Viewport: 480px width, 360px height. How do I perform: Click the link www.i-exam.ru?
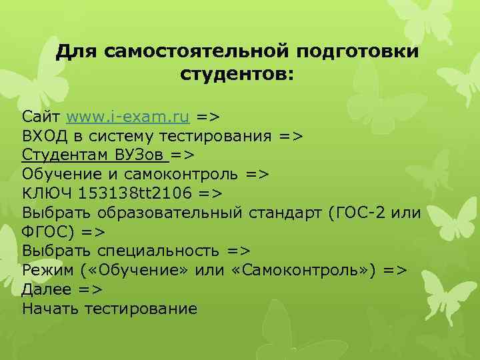[x=129, y=117]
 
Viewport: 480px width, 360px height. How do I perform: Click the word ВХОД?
[x=45, y=137]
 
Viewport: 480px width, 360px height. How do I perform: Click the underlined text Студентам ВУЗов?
[x=94, y=155]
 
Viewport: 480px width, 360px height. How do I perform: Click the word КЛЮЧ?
[x=47, y=193]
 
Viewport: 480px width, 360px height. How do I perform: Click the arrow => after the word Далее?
[x=89, y=289]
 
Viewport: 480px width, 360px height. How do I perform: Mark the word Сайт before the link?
[x=41, y=117]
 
